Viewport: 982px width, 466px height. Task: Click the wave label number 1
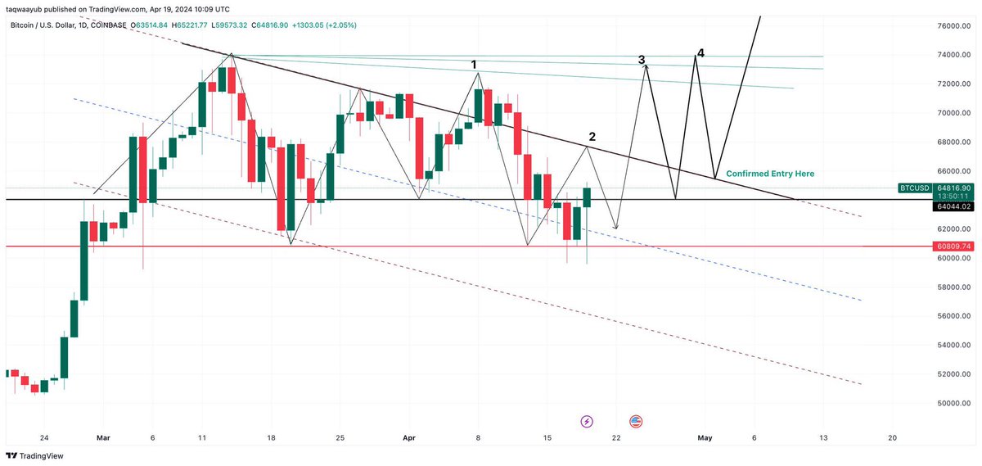tap(473, 64)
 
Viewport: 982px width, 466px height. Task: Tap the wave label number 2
tap(592, 136)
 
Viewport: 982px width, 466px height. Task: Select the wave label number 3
tap(642, 60)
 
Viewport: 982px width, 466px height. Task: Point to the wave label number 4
tap(700, 53)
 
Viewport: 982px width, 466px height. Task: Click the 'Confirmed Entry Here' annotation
tap(770, 174)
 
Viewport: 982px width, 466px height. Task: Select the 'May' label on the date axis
tap(705, 438)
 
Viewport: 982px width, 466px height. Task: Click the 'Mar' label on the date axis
tap(102, 438)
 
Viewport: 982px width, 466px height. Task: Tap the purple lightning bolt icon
tap(587, 421)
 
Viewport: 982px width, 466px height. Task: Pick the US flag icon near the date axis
tap(636, 421)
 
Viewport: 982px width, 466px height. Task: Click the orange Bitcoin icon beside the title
tap(7, 25)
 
